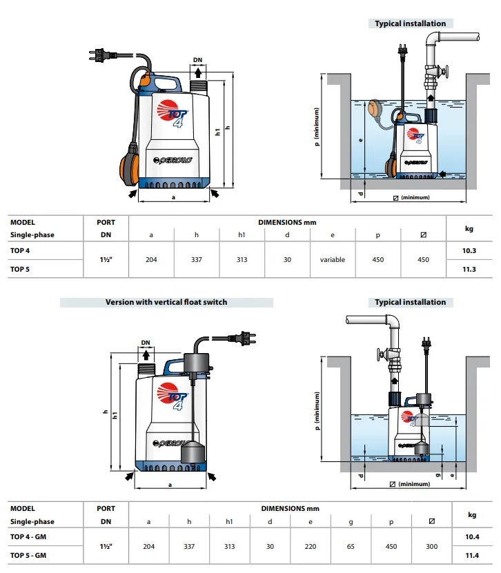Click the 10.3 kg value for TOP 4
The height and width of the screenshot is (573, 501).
coord(469,251)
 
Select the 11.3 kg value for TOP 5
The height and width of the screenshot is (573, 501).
coord(469,269)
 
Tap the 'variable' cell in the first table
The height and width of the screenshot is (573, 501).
coord(332,260)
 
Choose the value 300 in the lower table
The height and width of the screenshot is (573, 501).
coord(432,547)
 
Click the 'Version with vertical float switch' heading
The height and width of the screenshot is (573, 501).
coord(166,302)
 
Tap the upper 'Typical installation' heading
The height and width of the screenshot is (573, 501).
coord(410,23)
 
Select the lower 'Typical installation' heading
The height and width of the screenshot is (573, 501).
coord(410,302)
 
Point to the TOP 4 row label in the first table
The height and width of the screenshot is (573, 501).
coord(20,251)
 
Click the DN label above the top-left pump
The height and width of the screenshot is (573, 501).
coord(197,61)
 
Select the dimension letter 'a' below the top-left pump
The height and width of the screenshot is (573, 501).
coord(173,197)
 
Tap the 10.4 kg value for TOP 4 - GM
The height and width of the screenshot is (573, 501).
coord(469,536)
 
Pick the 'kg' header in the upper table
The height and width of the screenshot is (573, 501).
coord(469,228)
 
